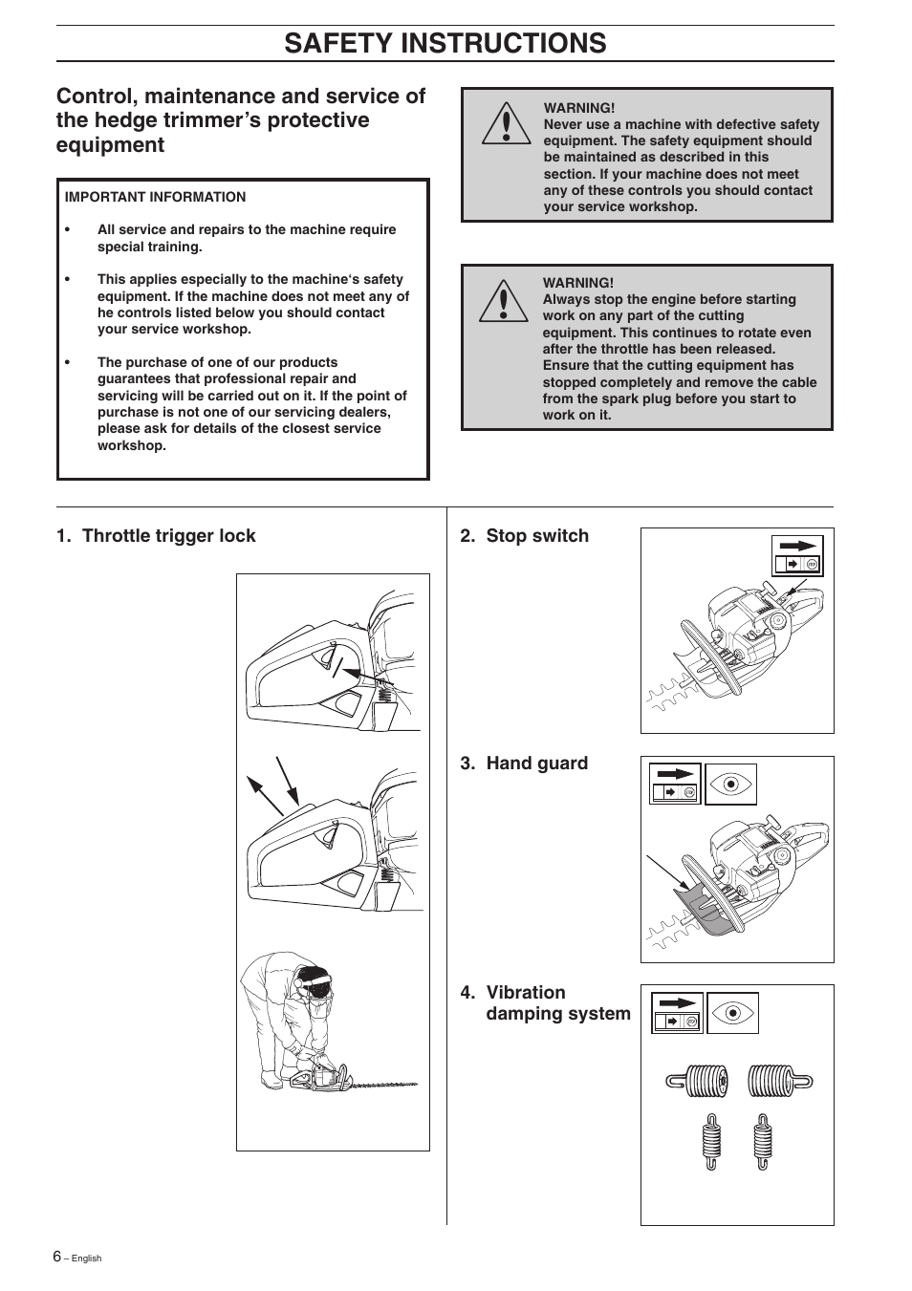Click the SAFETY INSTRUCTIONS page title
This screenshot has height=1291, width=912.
pyautogui.click(x=445, y=43)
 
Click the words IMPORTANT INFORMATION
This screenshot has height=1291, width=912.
pyautogui.click(x=155, y=197)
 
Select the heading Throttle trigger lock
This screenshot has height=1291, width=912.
pyautogui.click(x=156, y=536)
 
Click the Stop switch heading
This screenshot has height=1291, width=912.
pyautogui.click(x=524, y=536)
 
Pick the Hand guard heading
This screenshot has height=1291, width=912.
pyautogui.click(x=524, y=764)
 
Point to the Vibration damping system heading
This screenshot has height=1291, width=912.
pyautogui.click(x=545, y=1002)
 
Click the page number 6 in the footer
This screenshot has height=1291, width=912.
pyautogui.click(x=57, y=1257)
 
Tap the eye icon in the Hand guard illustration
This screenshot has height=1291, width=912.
pyautogui.click(x=731, y=784)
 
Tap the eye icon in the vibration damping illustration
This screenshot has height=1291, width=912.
pyautogui.click(x=732, y=1012)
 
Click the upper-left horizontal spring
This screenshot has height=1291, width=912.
pyautogui.click(x=699, y=1082)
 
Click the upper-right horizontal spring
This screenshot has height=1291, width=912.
pyautogui.click(x=779, y=1082)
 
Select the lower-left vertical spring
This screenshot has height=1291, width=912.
pyautogui.click(x=710, y=1142)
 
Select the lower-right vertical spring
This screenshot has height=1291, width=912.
pyautogui.click(x=762, y=1142)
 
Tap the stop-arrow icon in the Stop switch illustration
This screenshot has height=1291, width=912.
pyautogui.click(x=797, y=554)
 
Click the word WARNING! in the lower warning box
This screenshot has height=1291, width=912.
pyautogui.click(x=577, y=283)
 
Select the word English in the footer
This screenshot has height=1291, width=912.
pyautogui.click(x=86, y=1259)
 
